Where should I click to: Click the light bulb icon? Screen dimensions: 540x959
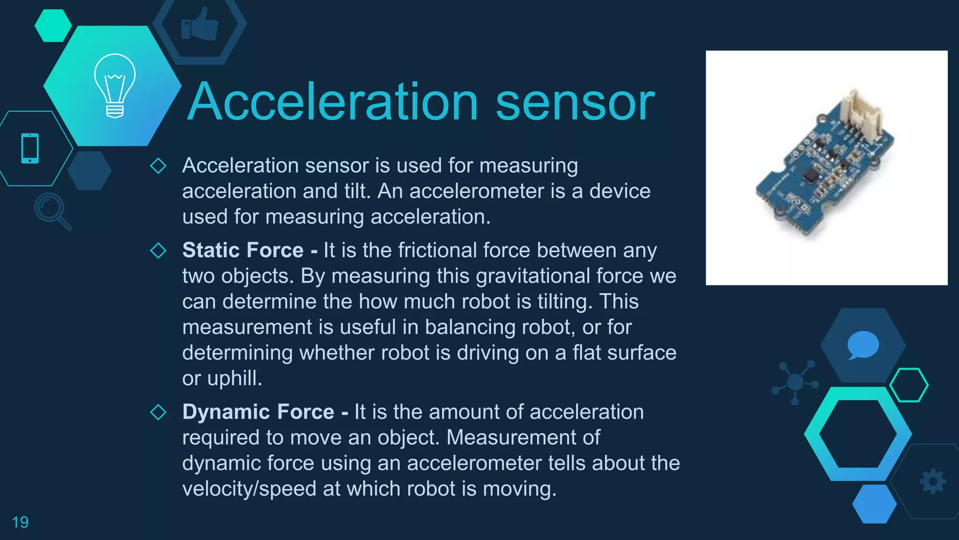(115, 85)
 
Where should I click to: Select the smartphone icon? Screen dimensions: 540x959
(30, 149)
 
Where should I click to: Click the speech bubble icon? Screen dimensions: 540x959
(863, 345)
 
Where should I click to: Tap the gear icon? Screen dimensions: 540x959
(933, 481)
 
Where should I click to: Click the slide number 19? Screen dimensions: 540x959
(20, 522)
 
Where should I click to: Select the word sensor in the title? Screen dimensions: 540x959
(575, 102)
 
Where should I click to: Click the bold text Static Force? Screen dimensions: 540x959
(243, 250)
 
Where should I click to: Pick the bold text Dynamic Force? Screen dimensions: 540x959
(258, 412)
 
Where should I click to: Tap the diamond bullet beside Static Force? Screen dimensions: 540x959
(158, 250)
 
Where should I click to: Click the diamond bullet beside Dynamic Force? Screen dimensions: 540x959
(158, 412)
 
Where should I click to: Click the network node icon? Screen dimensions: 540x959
(795, 382)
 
